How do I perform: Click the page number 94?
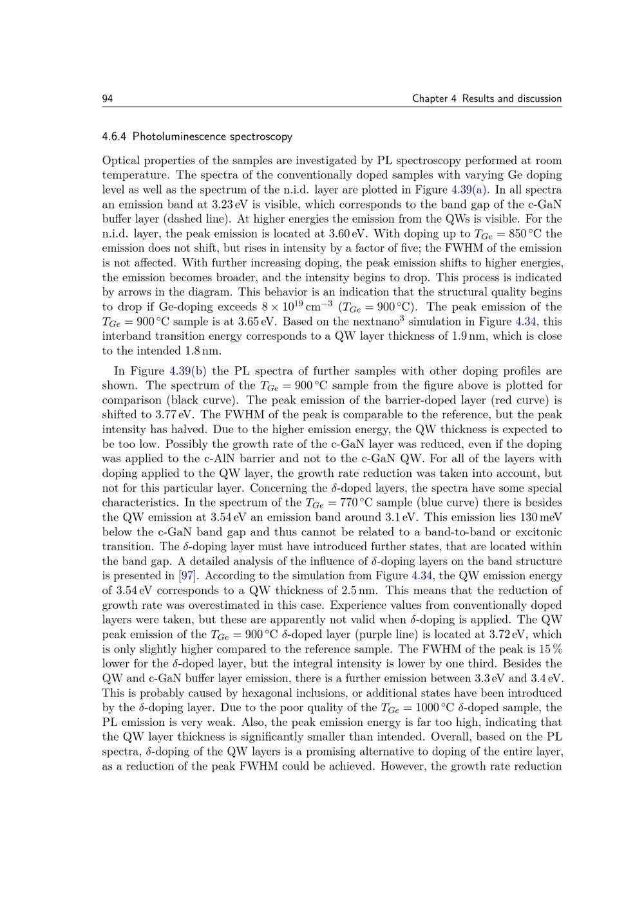[x=108, y=98]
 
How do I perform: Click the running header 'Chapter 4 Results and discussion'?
[x=487, y=98]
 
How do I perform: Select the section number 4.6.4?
[x=115, y=136]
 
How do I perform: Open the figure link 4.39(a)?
[x=470, y=190]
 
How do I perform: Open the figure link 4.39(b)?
[x=188, y=371]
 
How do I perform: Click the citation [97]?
[x=188, y=576]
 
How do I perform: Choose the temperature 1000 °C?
[x=432, y=708]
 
